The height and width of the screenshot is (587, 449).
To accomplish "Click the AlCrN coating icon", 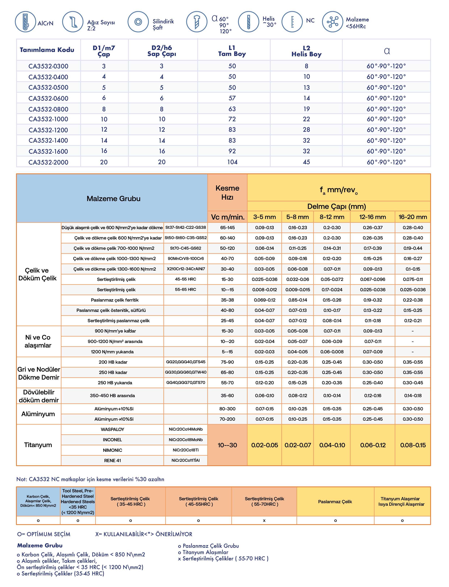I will click(25, 22).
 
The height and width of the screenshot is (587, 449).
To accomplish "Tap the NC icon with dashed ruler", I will click(292, 22).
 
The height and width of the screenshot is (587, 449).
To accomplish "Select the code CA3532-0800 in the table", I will click(48, 109).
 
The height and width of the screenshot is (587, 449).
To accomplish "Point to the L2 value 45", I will click(306, 162).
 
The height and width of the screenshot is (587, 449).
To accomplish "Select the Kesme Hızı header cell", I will click(227, 193).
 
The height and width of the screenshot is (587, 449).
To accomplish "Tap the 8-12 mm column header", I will click(332, 217).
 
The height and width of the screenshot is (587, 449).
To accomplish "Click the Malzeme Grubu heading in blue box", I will click(113, 199).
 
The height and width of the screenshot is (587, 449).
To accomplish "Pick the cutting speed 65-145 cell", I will click(227, 228).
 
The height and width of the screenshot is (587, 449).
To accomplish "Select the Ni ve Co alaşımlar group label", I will click(38, 341).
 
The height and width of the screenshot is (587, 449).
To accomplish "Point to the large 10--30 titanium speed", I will click(227, 445).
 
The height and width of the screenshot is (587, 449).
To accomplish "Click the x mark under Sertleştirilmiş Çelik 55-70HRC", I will click(264, 520).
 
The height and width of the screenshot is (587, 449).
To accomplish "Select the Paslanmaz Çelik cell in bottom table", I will click(335, 502).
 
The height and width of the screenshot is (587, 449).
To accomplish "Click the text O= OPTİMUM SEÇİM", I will click(44, 534).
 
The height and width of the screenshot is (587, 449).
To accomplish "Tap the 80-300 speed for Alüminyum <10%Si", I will click(227, 409).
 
